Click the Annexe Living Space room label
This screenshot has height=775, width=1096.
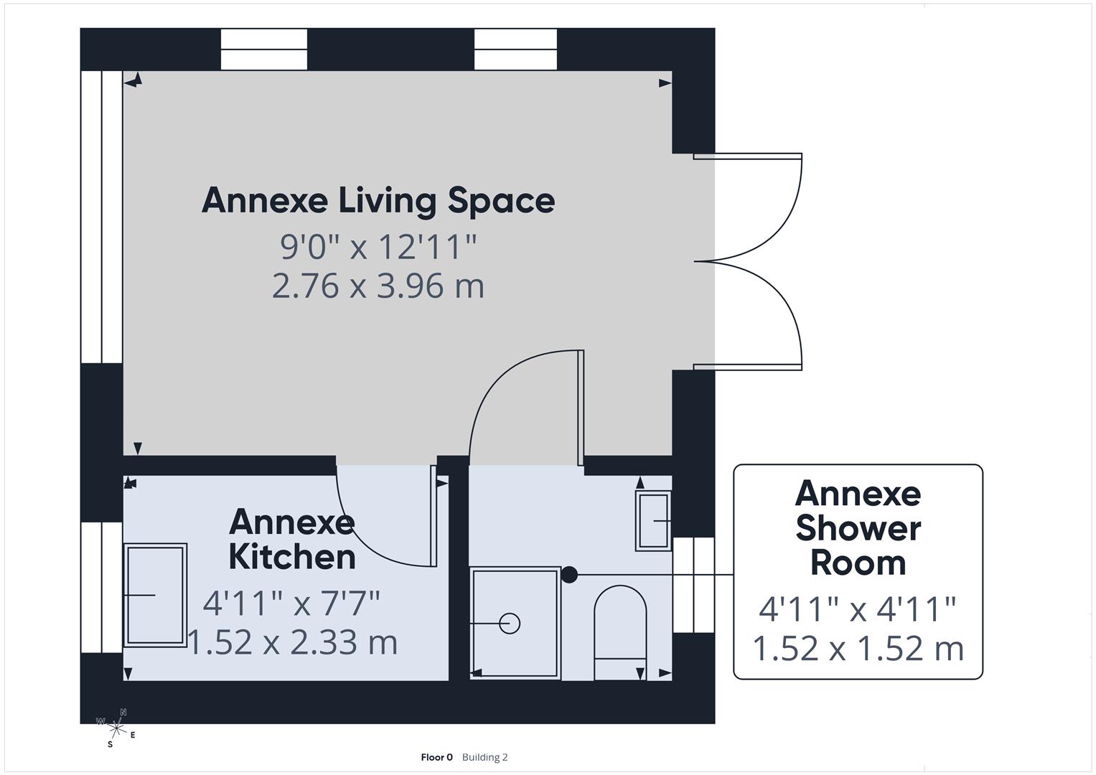[x=378, y=200]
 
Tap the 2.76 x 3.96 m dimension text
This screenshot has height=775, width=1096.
[x=378, y=286]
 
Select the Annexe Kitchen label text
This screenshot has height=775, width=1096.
[x=291, y=540]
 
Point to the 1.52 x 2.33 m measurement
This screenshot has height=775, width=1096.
[x=292, y=642]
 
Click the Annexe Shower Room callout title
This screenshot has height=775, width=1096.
[x=858, y=528]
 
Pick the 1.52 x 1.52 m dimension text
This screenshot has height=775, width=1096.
[x=858, y=648]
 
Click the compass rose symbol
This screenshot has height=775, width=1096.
[x=116, y=728]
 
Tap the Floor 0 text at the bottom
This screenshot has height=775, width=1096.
[x=436, y=757]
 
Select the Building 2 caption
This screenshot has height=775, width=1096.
[x=484, y=757]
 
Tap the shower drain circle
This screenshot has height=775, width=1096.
[x=510, y=624]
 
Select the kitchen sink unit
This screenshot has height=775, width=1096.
[x=156, y=595]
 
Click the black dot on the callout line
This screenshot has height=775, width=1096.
[x=569, y=575]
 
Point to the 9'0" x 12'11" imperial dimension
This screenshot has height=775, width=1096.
[x=378, y=247]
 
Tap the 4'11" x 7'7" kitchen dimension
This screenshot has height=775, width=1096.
[x=291, y=603]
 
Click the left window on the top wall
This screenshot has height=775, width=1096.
[x=263, y=50]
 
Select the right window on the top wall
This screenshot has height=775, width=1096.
[x=515, y=50]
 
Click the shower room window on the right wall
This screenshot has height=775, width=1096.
[x=693, y=585]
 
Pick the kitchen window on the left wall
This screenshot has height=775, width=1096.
[x=101, y=587]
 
